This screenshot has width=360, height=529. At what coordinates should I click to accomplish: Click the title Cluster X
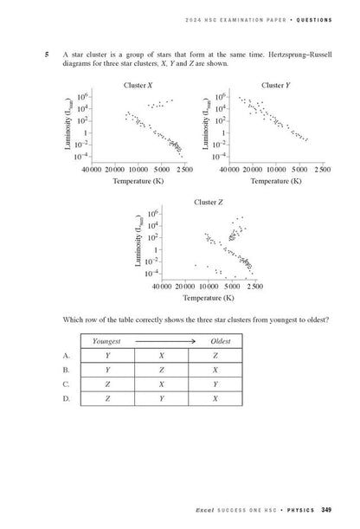coord(138,85)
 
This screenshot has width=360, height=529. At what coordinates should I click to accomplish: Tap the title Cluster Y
coord(275,85)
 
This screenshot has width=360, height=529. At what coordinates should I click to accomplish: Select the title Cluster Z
coord(207,202)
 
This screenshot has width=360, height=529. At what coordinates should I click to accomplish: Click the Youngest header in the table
coord(106,342)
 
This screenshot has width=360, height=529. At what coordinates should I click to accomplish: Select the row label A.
coord(67,355)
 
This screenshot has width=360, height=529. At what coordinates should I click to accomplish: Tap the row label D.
coord(67,398)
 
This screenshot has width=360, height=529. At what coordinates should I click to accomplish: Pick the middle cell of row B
coord(161,370)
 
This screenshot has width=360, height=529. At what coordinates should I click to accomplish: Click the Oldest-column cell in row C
coord(215,384)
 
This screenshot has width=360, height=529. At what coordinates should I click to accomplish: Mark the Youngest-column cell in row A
coord(106,355)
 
